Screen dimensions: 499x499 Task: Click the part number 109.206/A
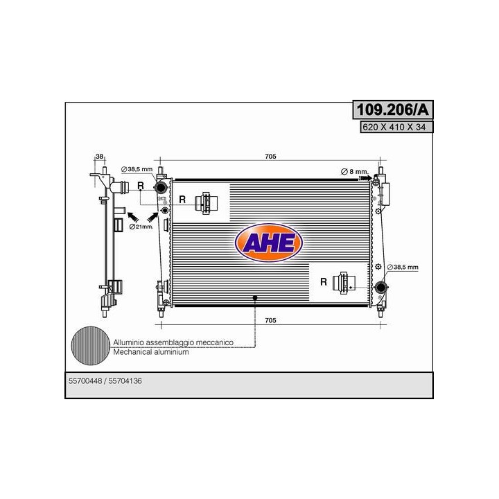click(393, 110)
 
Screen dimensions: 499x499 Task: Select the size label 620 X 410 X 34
click(394, 127)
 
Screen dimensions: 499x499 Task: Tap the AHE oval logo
click(269, 243)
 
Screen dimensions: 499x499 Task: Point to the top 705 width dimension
click(270, 156)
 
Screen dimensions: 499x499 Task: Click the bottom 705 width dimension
click(270, 320)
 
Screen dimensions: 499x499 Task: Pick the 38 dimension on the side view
click(100, 156)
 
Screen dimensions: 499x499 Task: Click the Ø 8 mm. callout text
click(354, 172)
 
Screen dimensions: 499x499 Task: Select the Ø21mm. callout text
click(141, 227)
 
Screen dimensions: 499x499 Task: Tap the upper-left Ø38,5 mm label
click(137, 169)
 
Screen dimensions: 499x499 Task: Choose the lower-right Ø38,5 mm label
click(403, 267)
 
